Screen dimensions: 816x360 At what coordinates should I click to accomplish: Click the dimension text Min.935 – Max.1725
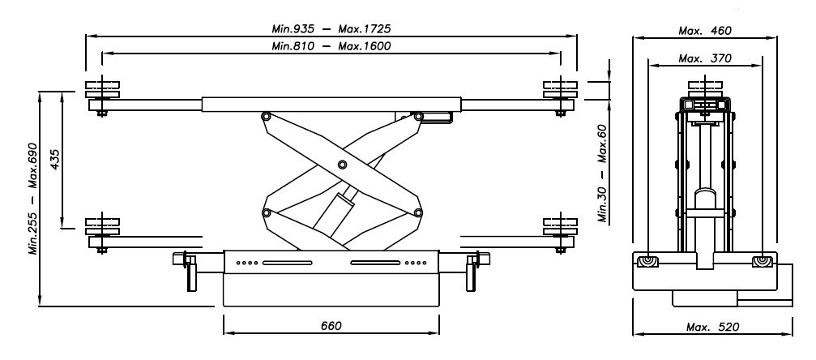(331, 28)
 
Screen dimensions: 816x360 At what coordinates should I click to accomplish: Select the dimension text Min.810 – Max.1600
(331, 46)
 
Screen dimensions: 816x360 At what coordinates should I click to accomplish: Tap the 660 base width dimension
(331, 326)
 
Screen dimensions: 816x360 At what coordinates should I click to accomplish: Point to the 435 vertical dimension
(54, 160)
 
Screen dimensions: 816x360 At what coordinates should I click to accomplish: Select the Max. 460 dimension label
(705, 31)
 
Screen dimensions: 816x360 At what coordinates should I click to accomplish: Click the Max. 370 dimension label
(705, 58)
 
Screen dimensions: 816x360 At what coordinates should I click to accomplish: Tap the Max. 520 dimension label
(712, 328)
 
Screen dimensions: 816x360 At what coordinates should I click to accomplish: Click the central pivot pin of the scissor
(342, 165)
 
